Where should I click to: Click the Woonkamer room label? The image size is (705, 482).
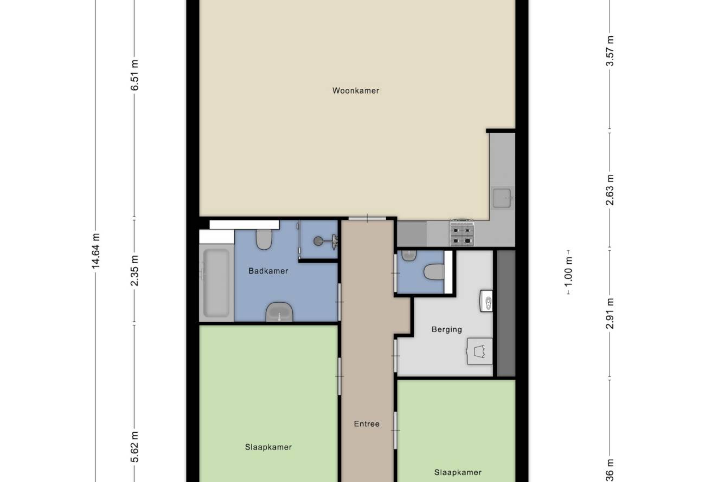(x=356, y=90)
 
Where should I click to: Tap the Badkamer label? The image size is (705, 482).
(x=268, y=271)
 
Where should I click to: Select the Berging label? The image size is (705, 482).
(x=447, y=329)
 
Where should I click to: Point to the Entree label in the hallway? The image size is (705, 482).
(x=367, y=424)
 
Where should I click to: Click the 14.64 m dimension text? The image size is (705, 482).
(x=95, y=251)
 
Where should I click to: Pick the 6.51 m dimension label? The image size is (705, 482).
(x=134, y=75)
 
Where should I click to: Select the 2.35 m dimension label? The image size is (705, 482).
(x=134, y=271)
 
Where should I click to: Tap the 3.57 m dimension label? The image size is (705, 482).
(x=610, y=50)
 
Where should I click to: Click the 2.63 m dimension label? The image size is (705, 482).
(x=610, y=190)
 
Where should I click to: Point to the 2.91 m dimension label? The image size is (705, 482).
(x=610, y=313)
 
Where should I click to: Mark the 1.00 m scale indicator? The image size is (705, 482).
(x=568, y=272)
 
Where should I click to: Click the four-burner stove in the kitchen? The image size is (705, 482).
(x=462, y=233)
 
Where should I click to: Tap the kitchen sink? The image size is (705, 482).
(x=502, y=198)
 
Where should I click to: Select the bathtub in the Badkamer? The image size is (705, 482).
(x=216, y=283)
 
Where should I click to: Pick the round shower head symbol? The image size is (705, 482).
(x=318, y=241)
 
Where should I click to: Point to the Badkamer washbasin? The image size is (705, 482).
(x=279, y=312)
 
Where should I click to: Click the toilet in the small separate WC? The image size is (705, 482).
(x=434, y=272)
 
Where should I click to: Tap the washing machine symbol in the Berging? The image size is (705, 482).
(x=479, y=351)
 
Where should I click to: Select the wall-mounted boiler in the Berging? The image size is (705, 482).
(x=486, y=301)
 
